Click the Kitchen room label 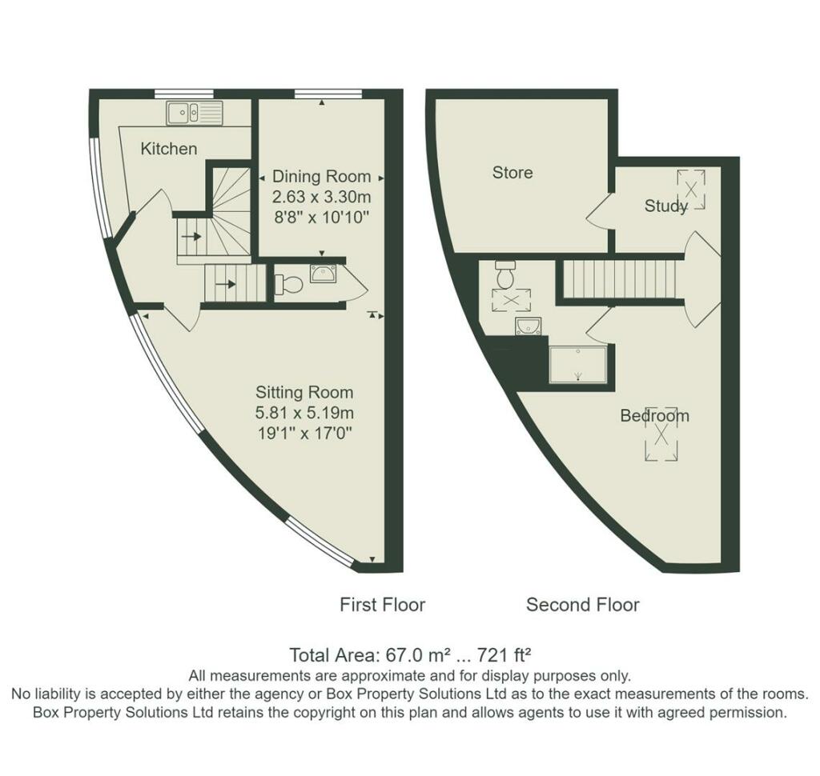pos(169,149)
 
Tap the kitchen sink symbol pos(195,113)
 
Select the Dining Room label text pos(322,177)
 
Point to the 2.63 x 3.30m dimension pos(322,197)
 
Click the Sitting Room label pos(304,393)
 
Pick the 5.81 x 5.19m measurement pos(304,413)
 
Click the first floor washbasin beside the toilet pos(324,274)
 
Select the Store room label pos(512,173)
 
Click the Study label pos(665,206)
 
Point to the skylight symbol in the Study pos(691,189)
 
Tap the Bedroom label pos(655,416)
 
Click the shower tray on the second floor pos(578,364)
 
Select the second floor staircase pos(619,279)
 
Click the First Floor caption pos(382,605)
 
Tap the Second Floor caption pos(583,605)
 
